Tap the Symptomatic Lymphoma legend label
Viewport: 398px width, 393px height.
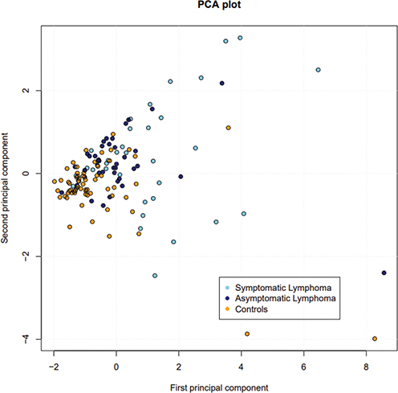(x=282, y=287)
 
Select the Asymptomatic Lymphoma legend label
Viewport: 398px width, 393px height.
(x=284, y=297)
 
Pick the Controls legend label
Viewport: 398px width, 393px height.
(x=256, y=309)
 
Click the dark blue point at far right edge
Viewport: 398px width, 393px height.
(x=384, y=272)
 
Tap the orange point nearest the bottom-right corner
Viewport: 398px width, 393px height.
(x=375, y=338)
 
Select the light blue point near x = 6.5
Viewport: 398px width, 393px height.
(x=319, y=70)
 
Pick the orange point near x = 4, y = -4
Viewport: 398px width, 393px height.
(x=247, y=334)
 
